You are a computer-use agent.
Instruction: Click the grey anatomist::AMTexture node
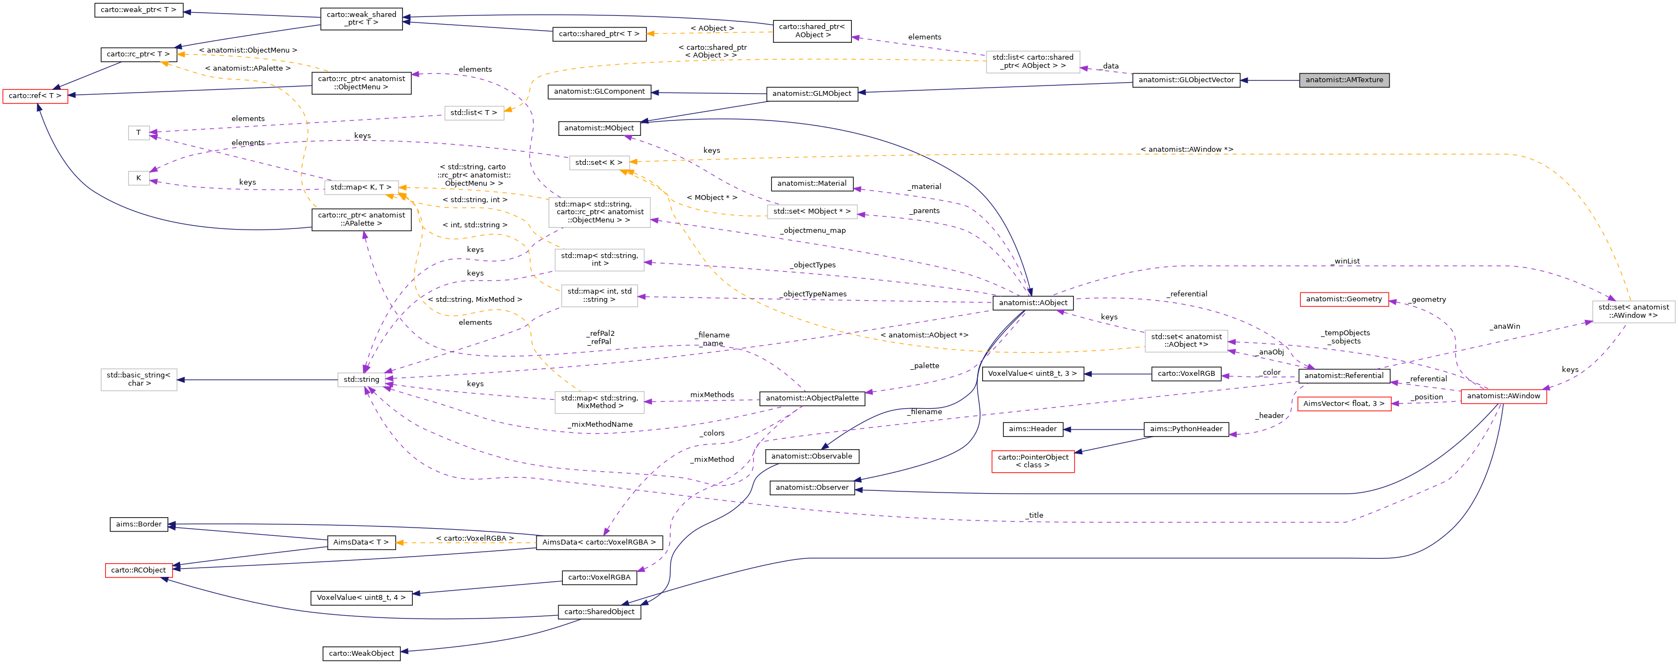click(x=1344, y=80)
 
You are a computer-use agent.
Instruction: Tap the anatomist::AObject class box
click(x=1033, y=303)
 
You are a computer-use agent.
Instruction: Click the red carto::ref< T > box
click(x=35, y=96)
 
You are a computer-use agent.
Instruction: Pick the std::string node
click(x=361, y=379)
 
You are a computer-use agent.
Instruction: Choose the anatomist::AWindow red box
click(x=1503, y=396)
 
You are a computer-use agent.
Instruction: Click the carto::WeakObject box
click(x=361, y=654)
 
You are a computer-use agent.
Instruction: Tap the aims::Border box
click(x=138, y=524)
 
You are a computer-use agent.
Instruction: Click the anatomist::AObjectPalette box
click(x=812, y=398)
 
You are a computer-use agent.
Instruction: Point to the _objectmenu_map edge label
click(x=814, y=230)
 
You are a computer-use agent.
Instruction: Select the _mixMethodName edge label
click(x=600, y=424)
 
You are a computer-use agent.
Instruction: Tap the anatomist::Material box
click(x=812, y=184)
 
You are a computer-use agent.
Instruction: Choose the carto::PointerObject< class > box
click(x=1033, y=461)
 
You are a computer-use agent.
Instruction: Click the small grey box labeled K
click(x=138, y=178)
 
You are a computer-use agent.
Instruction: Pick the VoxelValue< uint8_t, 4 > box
click(x=361, y=598)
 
